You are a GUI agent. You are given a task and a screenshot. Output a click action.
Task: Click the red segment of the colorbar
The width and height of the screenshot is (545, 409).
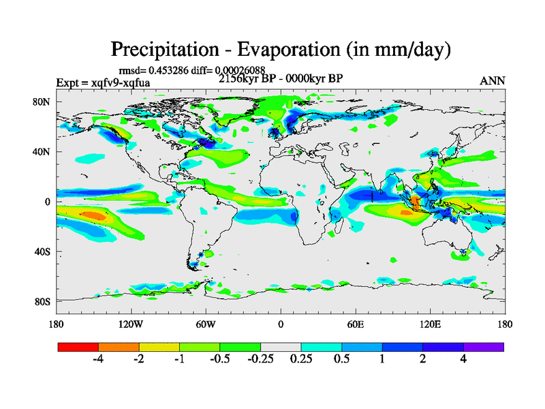point(78,347)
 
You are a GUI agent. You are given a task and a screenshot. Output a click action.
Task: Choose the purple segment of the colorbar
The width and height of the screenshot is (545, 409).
point(484,347)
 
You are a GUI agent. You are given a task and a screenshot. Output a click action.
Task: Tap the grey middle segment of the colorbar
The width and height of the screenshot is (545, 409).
point(281,347)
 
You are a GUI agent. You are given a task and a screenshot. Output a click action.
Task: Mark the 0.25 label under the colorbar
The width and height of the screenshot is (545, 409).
point(301,360)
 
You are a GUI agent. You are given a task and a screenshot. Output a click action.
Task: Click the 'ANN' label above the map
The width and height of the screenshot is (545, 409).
point(493,80)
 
